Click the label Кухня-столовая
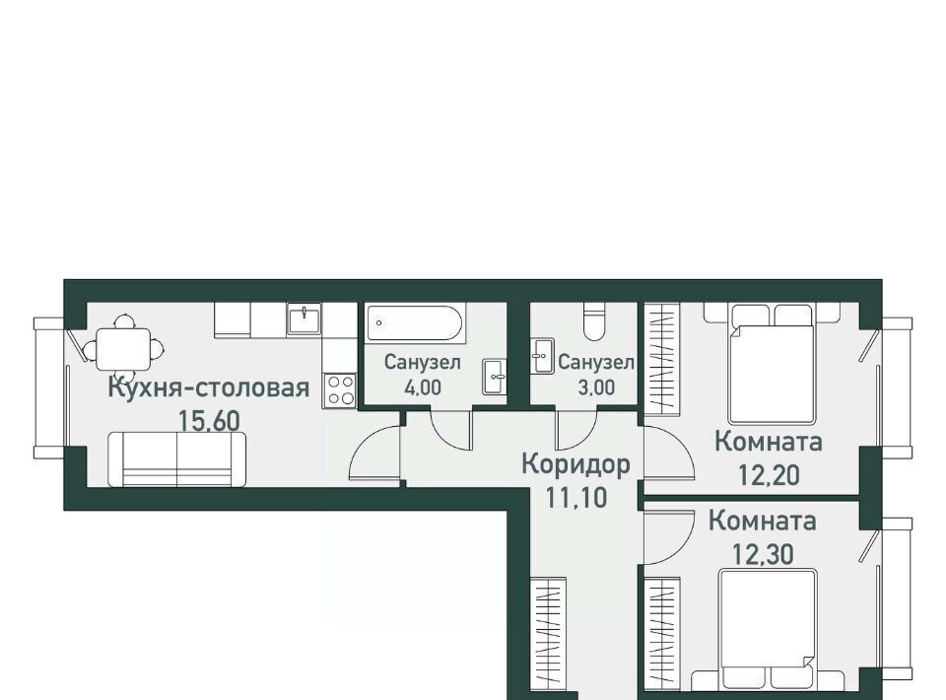[x=209, y=387]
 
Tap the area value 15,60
[x=209, y=421]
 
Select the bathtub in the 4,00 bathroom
[x=415, y=322]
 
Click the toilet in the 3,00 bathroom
[x=594, y=321]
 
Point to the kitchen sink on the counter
[x=304, y=318]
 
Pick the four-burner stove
[x=340, y=389]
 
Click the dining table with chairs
[x=123, y=348]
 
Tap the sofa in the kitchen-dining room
[x=176, y=459]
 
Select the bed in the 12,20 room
[x=772, y=363]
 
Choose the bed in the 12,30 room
[x=768, y=629]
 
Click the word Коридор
[x=575, y=464]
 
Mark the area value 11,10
[x=576, y=498]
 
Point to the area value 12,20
[x=770, y=475]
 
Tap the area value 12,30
[x=763, y=554]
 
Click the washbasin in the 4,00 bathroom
[x=494, y=377]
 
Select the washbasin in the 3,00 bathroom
[x=542, y=356]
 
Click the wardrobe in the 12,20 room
[x=662, y=359]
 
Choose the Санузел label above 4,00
[x=423, y=362]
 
